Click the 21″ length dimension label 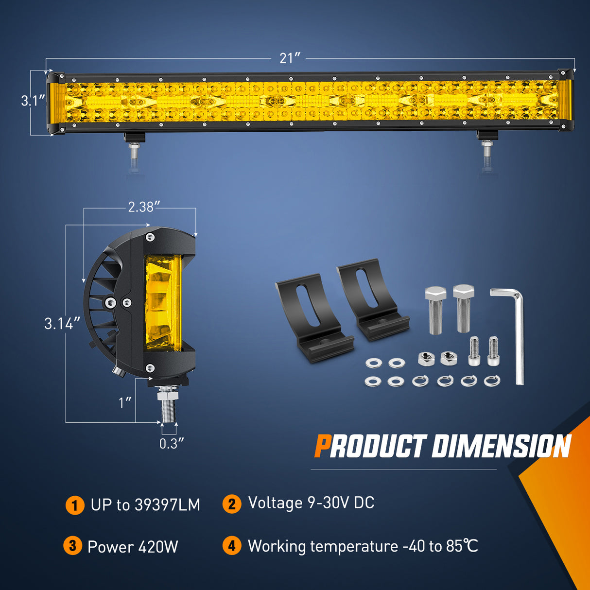point(290,58)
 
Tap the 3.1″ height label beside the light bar point(33,101)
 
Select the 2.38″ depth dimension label point(141,207)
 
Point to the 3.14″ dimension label point(62,323)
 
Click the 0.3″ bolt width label point(172,443)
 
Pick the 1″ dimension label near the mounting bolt point(125,402)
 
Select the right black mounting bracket point(371,298)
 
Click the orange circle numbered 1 point(74,505)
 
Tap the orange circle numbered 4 point(232,546)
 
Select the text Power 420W point(133,547)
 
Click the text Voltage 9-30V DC point(311,503)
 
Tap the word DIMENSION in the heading point(501,446)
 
